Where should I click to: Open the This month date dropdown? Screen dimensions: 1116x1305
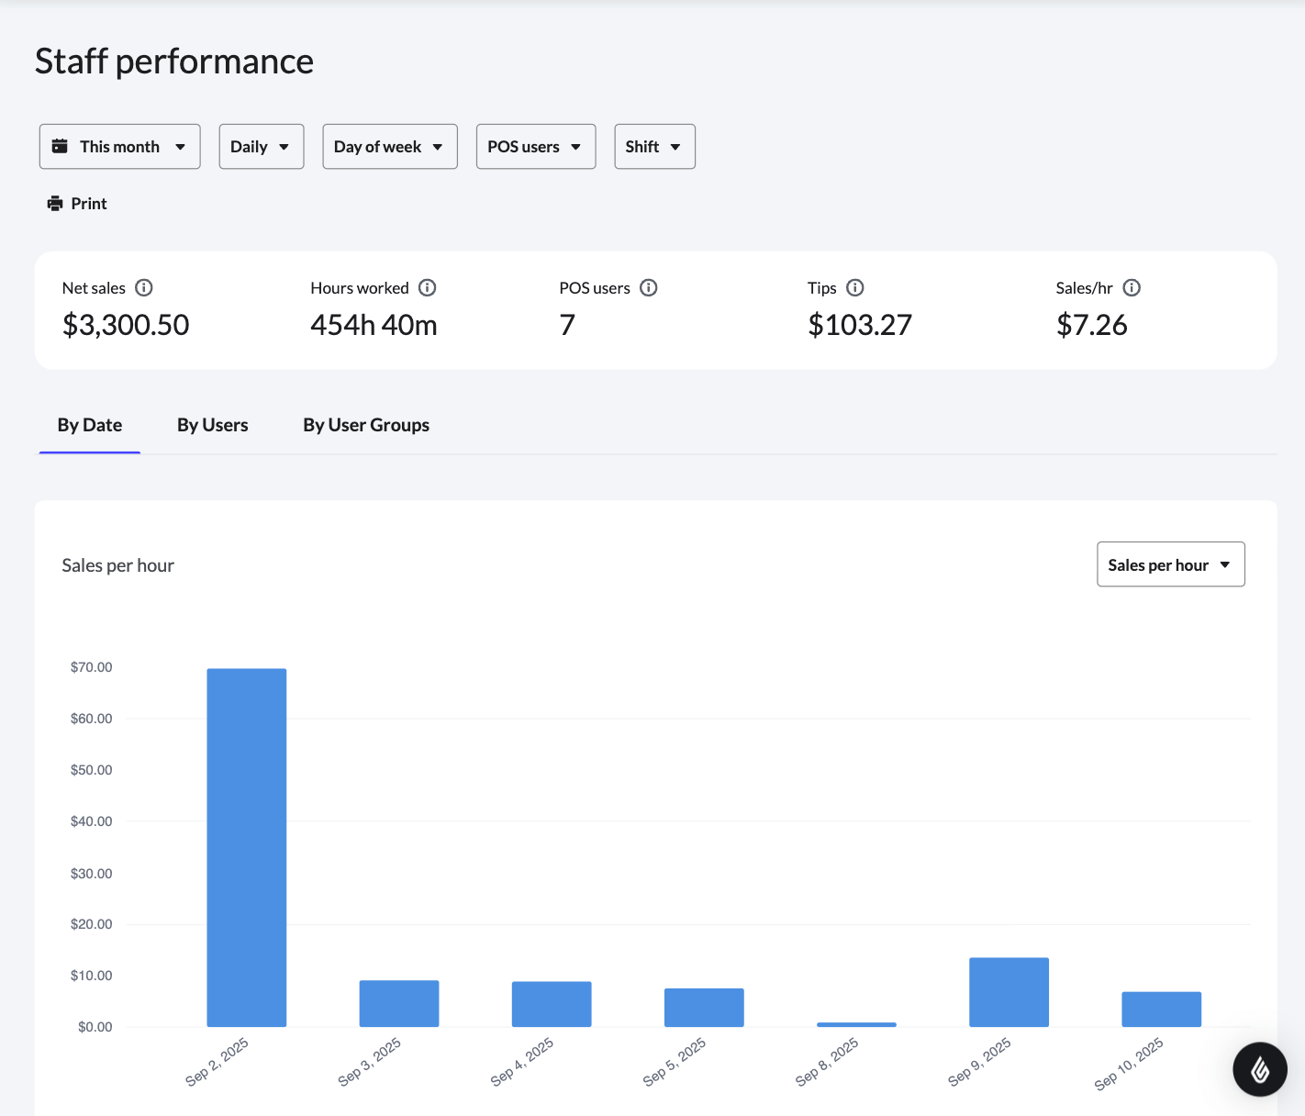tap(119, 147)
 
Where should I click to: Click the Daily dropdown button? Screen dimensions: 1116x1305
tap(261, 147)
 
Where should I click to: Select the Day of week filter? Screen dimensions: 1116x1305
tap(389, 147)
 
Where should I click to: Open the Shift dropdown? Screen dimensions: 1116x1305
tap(653, 147)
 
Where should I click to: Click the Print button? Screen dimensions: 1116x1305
tap(78, 204)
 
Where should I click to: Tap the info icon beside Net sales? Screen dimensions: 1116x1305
tap(144, 288)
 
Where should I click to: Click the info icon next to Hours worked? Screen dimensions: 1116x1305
tap(428, 288)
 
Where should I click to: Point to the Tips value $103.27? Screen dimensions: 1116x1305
tap(859, 325)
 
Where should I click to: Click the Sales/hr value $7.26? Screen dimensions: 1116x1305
tap(1091, 325)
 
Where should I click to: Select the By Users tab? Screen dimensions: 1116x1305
tap(212, 425)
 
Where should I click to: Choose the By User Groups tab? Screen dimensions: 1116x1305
tap(366, 425)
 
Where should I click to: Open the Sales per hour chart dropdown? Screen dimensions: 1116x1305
tap(1170, 564)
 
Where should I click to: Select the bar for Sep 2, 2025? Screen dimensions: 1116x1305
tap(246, 847)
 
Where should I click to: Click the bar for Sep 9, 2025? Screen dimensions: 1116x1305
tap(1009, 992)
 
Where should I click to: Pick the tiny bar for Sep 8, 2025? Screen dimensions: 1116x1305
tap(856, 1024)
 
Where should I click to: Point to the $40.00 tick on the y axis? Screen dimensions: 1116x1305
tap(91, 821)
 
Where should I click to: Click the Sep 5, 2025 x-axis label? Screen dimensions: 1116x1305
tap(675, 1062)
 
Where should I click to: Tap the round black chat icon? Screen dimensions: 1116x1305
tap(1259, 1069)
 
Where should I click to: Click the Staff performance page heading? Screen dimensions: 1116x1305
tap(174, 61)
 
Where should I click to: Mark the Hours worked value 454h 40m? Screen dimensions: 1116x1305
tap(374, 325)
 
